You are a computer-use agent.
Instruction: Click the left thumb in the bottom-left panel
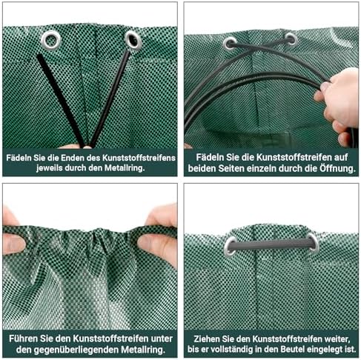[13, 244]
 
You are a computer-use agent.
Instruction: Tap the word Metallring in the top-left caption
[125, 168]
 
